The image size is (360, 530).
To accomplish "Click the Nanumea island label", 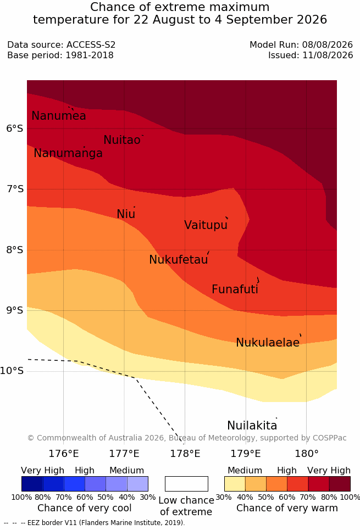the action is (x=58, y=116).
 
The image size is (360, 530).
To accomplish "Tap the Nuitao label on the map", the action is (x=122, y=140).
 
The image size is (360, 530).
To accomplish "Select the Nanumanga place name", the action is (x=68, y=153).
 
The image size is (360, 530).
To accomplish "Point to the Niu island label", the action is (x=126, y=214).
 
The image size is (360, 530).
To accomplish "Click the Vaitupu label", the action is (x=206, y=225).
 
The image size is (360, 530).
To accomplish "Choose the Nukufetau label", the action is (x=178, y=260).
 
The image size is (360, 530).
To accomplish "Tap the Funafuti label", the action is (x=235, y=289).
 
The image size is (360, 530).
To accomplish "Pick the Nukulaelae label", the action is (x=268, y=343).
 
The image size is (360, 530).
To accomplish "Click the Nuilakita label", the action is (x=252, y=426).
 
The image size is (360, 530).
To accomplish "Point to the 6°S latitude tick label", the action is (x=15, y=129).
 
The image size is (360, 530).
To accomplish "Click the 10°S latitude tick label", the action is (x=12, y=371).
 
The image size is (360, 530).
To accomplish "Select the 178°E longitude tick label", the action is (x=185, y=454).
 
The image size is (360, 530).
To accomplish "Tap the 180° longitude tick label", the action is (x=307, y=454).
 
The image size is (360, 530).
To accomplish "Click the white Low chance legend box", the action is (x=186, y=484).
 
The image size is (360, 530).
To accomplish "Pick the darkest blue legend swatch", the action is (x=32, y=484).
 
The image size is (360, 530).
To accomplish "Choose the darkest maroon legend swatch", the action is (x=340, y=484).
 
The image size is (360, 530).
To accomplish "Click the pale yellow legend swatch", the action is (x=235, y=484).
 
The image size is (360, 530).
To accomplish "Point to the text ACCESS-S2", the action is (x=91, y=45).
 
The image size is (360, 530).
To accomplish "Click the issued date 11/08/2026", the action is (x=328, y=55).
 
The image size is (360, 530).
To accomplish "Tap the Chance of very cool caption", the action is (x=85, y=508).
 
